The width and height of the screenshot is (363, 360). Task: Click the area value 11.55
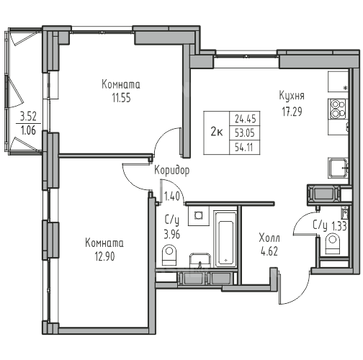tap(122, 98)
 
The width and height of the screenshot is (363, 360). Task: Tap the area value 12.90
tap(105, 256)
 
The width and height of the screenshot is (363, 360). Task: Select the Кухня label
tap(292, 96)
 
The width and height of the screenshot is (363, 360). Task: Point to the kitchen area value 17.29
tap(292, 112)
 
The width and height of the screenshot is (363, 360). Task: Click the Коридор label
tap(171, 171)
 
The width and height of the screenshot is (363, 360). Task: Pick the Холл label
tap(269, 238)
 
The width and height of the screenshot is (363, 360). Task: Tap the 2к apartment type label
tap(217, 132)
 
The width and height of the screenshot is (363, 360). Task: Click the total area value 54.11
tap(244, 147)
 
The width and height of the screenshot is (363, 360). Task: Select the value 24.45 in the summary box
tap(246, 119)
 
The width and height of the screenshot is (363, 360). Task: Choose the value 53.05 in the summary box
tap(245, 132)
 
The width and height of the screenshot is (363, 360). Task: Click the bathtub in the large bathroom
tap(225, 239)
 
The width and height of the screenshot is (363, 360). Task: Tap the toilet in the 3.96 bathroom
tap(169, 255)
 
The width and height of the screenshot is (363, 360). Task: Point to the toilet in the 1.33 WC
tap(333, 244)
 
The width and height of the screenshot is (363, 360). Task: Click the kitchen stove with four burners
tap(338, 109)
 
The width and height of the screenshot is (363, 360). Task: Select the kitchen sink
tap(338, 168)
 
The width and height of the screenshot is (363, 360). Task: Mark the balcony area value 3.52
tap(28, 117)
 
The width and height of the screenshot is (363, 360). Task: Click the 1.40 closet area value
tap(171, 197)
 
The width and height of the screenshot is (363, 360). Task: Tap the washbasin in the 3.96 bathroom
tap(200, 261)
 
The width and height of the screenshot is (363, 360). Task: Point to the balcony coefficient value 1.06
tap(28, 130)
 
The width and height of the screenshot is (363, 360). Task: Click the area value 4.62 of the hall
tap(269, 251)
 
